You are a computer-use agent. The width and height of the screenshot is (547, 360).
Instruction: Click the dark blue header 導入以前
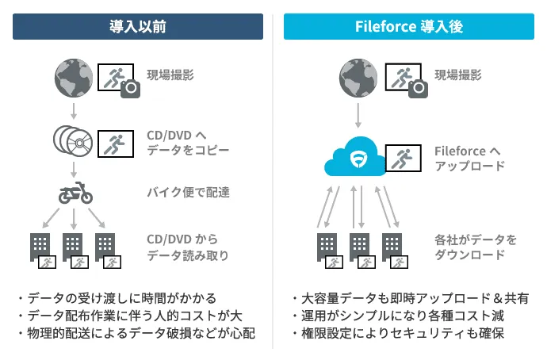[137, 27]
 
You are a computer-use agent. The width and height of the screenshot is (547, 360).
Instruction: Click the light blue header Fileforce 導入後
[409, 27]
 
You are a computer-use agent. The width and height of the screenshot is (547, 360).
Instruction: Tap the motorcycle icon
[74, 193]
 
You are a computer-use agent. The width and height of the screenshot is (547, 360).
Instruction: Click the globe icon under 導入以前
[73, 76]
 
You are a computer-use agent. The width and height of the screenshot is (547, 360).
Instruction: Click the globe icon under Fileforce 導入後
[358, 76]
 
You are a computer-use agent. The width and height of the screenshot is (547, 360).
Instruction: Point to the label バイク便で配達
[188, 192]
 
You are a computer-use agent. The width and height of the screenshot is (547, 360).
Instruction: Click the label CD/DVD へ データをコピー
[188, 141]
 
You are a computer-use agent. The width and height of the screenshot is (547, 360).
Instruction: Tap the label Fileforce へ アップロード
[469, 158]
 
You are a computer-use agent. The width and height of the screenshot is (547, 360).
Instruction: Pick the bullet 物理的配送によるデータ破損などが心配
[136, 333]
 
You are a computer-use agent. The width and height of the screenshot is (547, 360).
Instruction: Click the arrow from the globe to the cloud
[358, 113]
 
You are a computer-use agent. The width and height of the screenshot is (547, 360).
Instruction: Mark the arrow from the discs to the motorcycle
[73, 168]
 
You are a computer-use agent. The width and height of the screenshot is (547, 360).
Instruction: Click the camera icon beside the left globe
[129, 89]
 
